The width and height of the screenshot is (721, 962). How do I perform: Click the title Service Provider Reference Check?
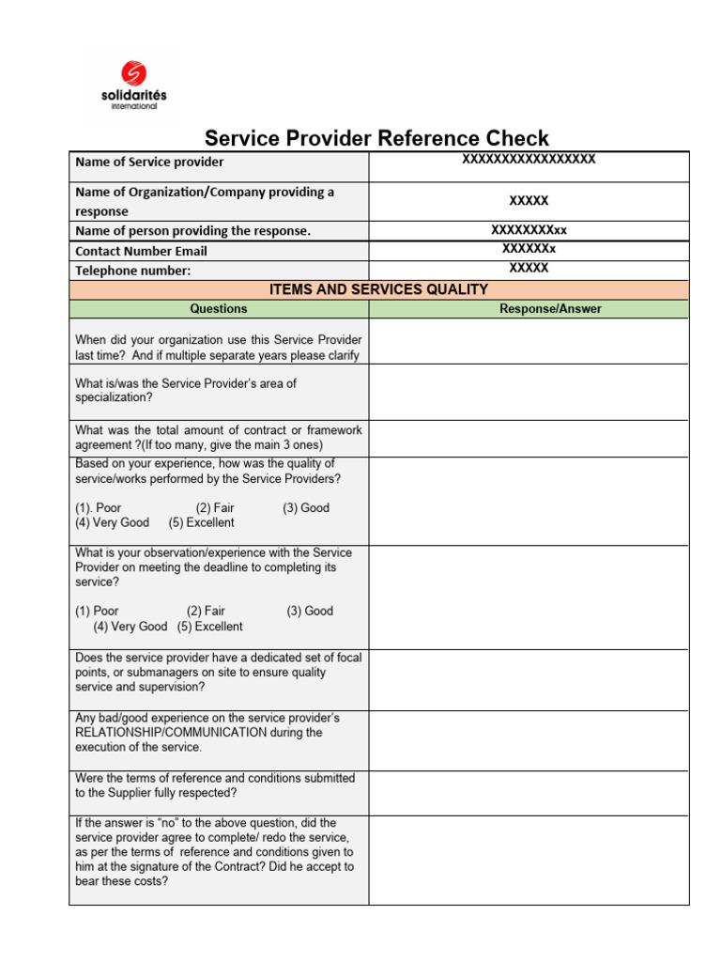click(376, 138)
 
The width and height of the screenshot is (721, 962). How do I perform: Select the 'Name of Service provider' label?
click(149, 163)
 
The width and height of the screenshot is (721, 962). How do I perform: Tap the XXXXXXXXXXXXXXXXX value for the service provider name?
click(529, 159)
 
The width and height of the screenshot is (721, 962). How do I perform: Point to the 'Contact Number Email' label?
click(141, 251)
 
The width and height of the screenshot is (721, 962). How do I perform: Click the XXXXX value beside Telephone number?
click(529, 268)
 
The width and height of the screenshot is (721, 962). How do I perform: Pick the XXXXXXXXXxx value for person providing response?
click(529, 230)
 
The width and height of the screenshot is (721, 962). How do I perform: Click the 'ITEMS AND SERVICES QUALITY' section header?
click(378, 289)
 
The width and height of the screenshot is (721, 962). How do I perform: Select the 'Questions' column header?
click(219, 309)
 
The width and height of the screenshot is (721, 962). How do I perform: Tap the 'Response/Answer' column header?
click(550, 309)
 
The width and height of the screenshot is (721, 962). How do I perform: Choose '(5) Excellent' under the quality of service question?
click(202, 522)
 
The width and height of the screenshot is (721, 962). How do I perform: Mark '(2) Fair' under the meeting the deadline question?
click(206, 611)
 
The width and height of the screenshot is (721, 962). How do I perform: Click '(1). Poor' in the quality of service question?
click(99, 507)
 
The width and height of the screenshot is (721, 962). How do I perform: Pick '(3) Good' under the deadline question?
click(310, 611)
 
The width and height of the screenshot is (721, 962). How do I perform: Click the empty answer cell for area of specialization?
click(529, 392)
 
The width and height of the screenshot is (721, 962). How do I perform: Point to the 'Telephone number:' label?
click(132, 271)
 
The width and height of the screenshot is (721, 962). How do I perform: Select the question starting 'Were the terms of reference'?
click(215, 785)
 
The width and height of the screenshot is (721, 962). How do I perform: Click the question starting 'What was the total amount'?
click(218, 437)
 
